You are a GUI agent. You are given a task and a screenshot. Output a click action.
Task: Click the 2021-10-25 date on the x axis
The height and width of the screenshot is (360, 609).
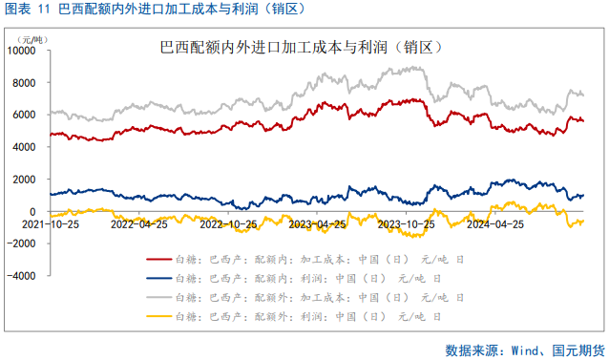[x=49, y=225]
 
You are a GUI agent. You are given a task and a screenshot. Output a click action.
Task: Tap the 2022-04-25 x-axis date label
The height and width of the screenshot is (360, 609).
[x=139, y=225]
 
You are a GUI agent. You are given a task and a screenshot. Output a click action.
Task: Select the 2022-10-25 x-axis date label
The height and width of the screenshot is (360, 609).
[x=228, y=225]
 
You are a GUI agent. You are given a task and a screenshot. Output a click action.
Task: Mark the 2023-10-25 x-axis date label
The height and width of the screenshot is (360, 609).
[x=407, y=225]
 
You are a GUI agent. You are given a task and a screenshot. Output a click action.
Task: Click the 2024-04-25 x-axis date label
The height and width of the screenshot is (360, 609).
[x=495, y=225]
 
